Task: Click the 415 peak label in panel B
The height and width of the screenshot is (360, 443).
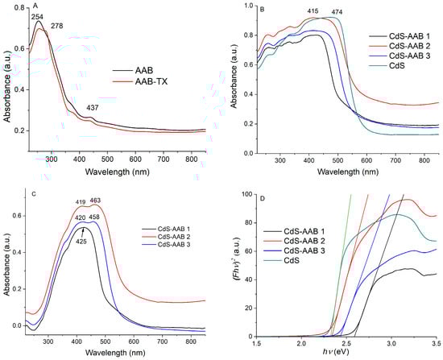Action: click(337, 11)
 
